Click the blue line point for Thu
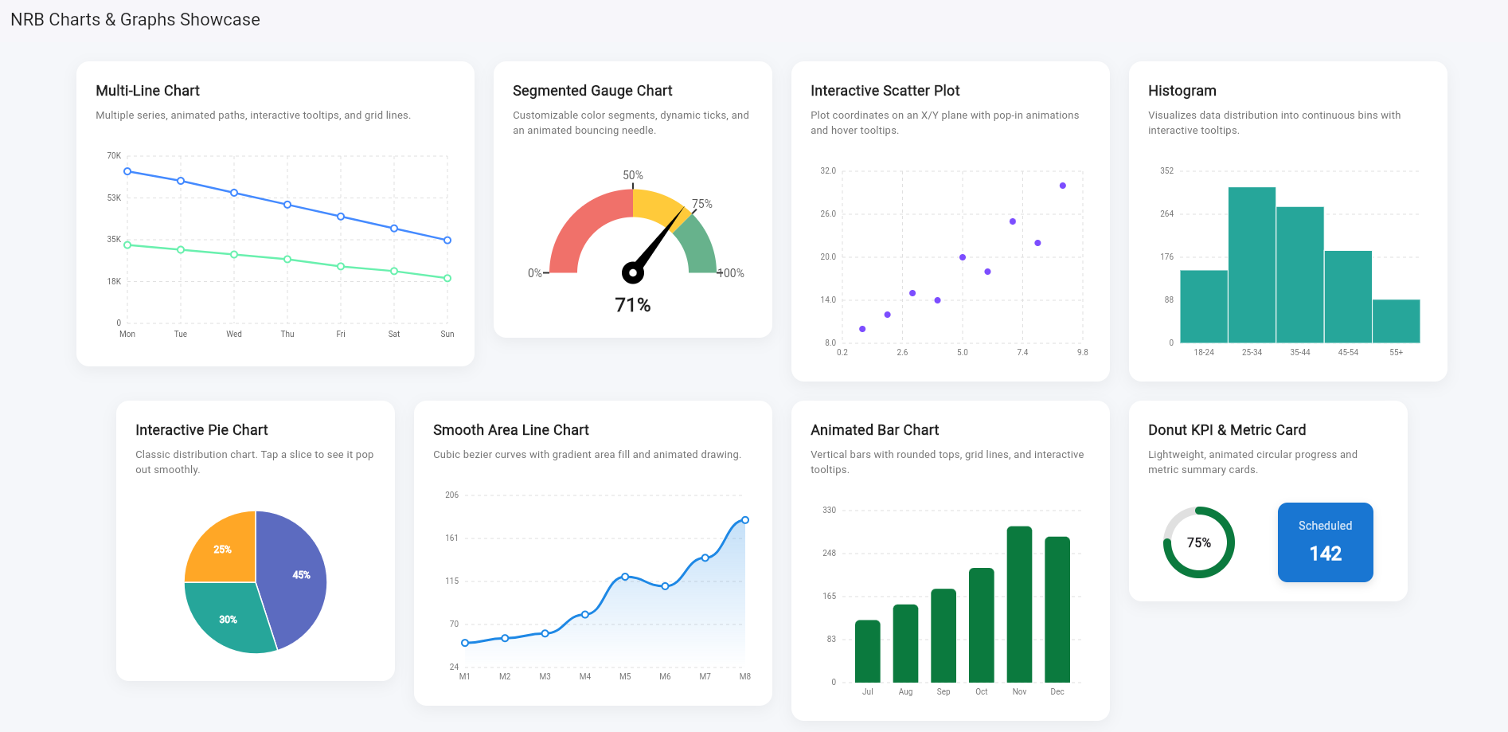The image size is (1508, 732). [287, 205]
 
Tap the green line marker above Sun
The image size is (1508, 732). [447, 278]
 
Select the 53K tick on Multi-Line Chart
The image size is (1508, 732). [114, 198]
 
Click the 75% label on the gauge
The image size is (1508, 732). [702, 204]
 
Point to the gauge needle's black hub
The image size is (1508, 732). [633, 272]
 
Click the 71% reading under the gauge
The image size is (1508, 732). [633, 305]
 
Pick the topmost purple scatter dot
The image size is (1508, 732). [1063, 186]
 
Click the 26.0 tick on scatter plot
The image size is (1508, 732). [828, 213]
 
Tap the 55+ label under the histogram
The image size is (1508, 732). [1397, 352]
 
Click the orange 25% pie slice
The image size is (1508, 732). [222, 550]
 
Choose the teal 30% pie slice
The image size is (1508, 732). [228, 619]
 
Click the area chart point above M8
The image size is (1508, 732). [745, 520]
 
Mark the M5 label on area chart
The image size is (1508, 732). [625, 676]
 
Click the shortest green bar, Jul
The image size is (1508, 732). [868, 651]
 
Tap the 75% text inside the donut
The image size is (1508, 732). [1199, 542]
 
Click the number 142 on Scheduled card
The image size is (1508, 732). [1326, 554]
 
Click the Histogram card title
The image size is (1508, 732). [1182, 91]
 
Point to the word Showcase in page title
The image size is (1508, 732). [220, 20]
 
